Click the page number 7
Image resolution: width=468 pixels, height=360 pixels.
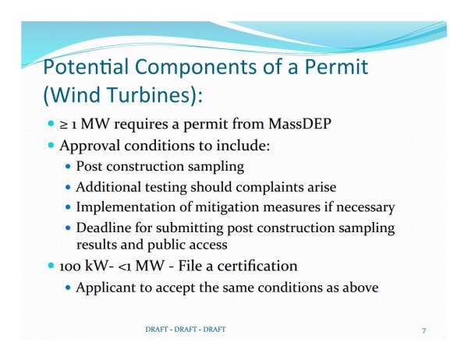[424, 330]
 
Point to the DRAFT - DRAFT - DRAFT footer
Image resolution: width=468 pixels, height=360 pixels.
[185, 330]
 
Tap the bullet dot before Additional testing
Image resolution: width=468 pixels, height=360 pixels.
[69, 188]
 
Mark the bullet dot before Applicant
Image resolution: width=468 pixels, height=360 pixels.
[69, 288]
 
